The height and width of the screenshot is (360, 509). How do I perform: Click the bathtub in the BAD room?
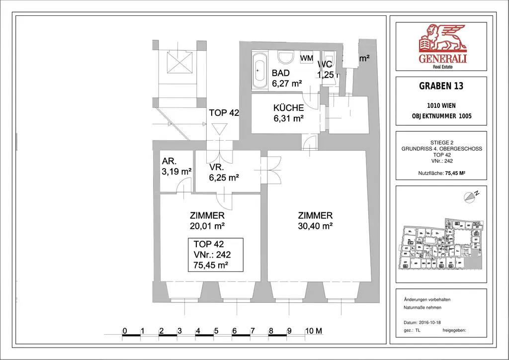pyautogui.click(x=259, y=71)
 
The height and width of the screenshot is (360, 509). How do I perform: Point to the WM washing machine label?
pyautogui.click(x=307, y=58)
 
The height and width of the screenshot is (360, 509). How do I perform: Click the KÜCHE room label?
pyautogui.click(x=288, y=108)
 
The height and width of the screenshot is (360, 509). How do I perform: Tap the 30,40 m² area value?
pyautogui.click(x=315, y=226)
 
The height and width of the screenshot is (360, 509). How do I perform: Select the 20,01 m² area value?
pyautogui.click(x=207, y=226)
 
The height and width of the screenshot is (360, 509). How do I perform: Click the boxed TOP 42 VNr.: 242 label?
pyautogui.click(x=215, y=255)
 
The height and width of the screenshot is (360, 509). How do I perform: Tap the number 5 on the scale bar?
pyautogui.click(x=216, y=331)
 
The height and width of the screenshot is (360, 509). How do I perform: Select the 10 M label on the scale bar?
pyautogui.click(x=313, y=331)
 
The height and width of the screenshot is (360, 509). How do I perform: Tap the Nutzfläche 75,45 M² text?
pyautogui.click(x=441, y=174)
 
